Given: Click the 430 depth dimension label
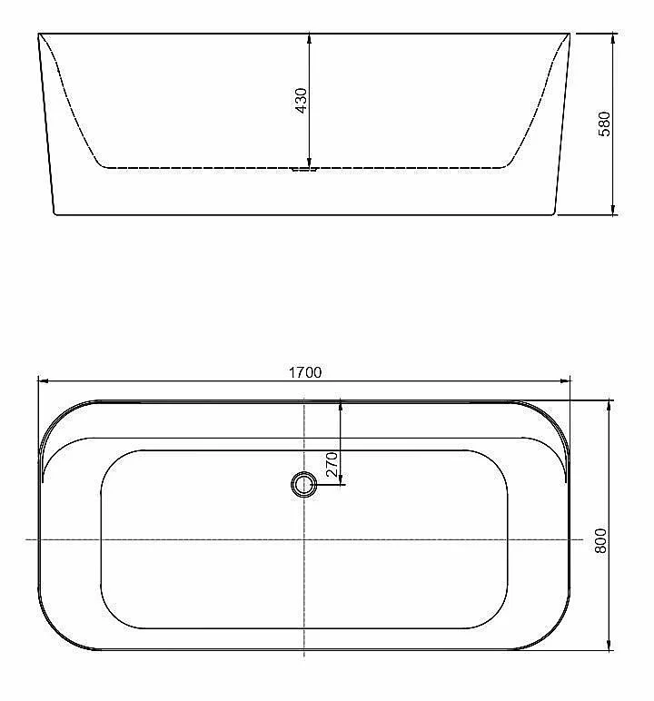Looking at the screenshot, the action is coord(302,101).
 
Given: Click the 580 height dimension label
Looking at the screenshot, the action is coord(604,123).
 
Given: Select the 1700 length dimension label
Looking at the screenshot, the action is coord(305,372).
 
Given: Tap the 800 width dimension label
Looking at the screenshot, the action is coord(600,540).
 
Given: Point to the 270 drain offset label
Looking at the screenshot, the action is coord(332,465).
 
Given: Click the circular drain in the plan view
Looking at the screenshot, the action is coord(304,484).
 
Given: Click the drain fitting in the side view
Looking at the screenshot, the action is coord(304,170).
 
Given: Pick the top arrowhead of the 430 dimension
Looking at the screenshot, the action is coord(309,38).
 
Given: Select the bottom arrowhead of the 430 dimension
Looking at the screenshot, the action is coord(309,163).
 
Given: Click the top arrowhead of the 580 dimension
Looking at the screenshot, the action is coord(613,39).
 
